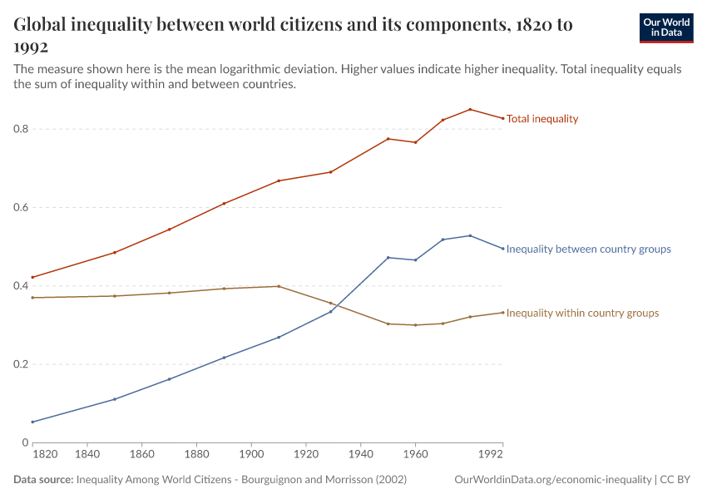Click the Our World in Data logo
pos(665,27)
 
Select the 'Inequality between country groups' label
pos(588,249)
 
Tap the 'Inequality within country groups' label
pos(582,313)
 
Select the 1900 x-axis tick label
pos(251,455)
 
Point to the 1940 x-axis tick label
pos(360,455)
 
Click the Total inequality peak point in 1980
pos(470,109)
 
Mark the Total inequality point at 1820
pos(32,277)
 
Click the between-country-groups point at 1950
pos(388,257)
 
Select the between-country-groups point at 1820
pos(32,422)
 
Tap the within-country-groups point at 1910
pos(279,286)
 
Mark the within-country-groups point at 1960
pos(415,325)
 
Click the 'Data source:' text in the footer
pos(43,480)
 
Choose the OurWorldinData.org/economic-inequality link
pos(553,480)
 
